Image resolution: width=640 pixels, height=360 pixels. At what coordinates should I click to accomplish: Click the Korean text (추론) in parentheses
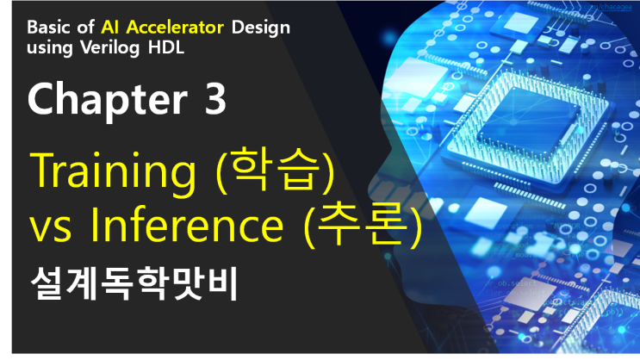point(367,227)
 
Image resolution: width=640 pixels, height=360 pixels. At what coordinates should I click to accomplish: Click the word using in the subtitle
point(48,47)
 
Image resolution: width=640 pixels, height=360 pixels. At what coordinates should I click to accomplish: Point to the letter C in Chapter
point(43,102)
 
